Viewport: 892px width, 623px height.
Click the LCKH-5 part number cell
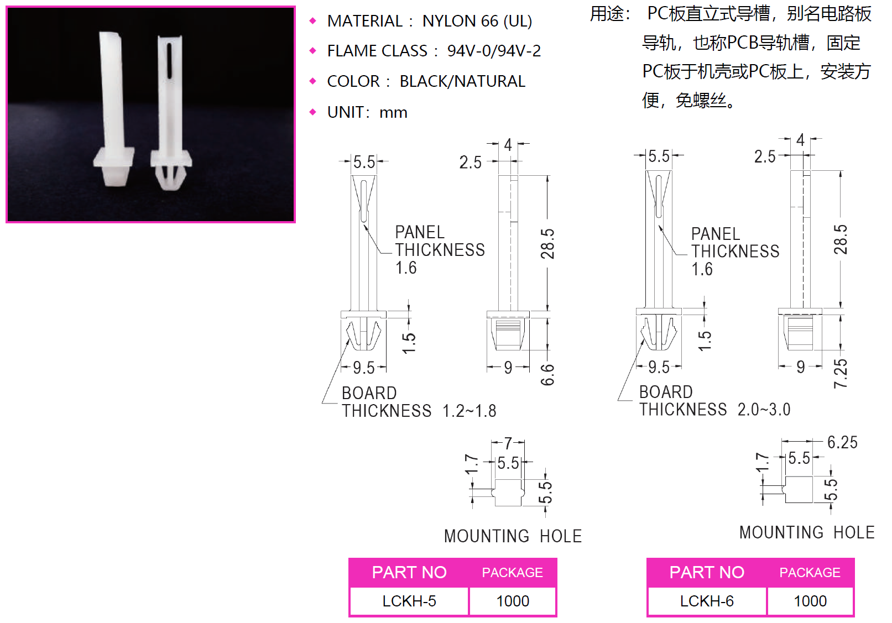pos(409,601)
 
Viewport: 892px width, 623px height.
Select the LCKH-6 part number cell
pos(707,601)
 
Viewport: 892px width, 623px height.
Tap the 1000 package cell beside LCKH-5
pos(513,601)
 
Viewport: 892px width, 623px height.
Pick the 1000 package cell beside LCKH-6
pos(810,601)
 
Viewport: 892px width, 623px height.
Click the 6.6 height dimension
pos(547,374)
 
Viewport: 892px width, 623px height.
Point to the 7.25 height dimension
pos(840,374)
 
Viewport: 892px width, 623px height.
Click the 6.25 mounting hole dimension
pos(842,442)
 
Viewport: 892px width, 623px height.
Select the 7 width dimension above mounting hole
pos(508,443)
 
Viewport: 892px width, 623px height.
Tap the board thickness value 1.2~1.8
pos(470,411)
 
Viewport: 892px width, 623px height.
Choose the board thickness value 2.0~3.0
pos(764,409)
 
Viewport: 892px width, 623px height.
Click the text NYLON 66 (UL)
pos(477,21)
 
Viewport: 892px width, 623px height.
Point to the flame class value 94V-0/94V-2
pos(494,51)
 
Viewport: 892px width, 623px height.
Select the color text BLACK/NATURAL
pos(462,81)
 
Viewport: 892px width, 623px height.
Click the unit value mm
pos(394,112)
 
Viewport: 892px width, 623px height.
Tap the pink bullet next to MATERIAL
pos(313,21)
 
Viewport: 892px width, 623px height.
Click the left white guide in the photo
pos(114,111)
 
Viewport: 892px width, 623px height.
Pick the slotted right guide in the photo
pos(170,111)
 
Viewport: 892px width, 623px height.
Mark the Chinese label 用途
pos(609,13)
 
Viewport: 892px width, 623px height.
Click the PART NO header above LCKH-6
pos(707,572)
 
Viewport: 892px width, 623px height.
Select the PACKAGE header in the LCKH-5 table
pos(513,573)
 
